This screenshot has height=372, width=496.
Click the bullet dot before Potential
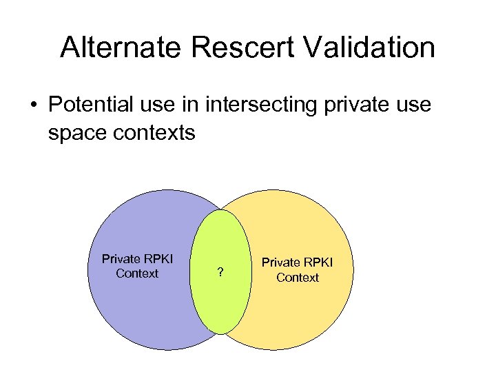click(x=33, y=105)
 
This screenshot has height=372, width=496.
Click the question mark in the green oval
click(x=220, y=273)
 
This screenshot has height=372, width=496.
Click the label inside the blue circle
click(x=137, y=266)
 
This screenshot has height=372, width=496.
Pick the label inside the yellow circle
click(x=297, y=270)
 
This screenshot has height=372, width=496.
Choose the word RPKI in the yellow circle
click(x=318, y=262)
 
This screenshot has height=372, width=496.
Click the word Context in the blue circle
click(x=137, y=273)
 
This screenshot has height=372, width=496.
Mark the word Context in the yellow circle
click(x=297, y=278)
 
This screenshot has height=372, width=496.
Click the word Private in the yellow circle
click(x=280, y=262)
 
